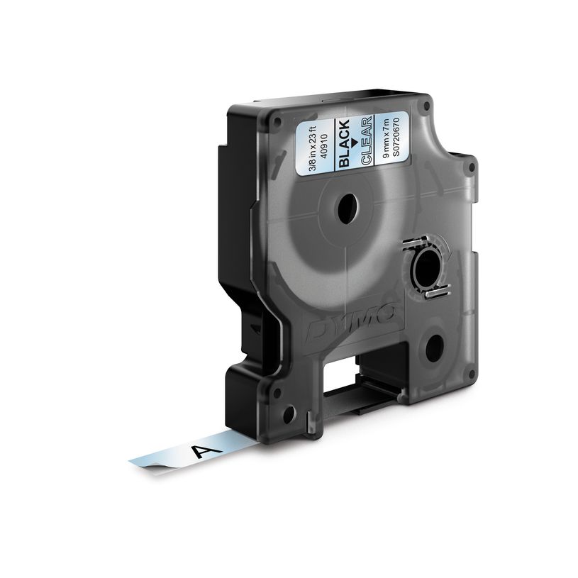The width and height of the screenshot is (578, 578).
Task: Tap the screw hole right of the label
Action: (426, 106)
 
